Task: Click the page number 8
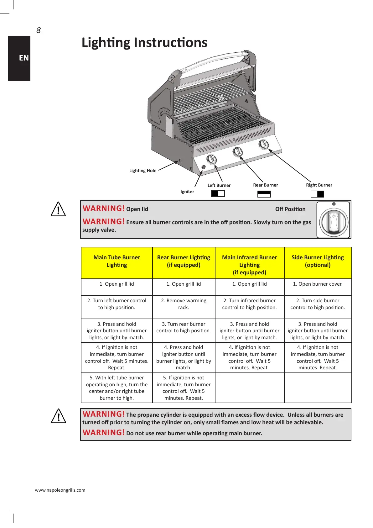(x=39, y=30)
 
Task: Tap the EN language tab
(x=24, y=58)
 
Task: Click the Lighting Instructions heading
(x=144, y=43)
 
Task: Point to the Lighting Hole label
(x=143, y=171)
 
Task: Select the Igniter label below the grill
(x=187, y=192)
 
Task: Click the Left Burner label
(x=219, y=185)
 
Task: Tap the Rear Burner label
(x=266, y=185)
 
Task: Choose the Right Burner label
(x=319, y=185)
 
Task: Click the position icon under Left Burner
(x=218, y=193)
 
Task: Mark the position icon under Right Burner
(x=317, y=194)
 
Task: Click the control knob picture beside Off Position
(x=333, y=220)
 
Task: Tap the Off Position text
(x=290, y=209)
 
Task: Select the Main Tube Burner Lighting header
(x=117, y=261)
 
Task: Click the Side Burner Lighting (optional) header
(x=318, y=261)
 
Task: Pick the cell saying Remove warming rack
(x=184, y=304)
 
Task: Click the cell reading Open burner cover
(x=318, y=284)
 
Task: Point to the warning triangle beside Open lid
(x=58, y=209)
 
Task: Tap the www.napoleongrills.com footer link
(x=60, y=490)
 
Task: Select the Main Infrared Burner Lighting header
(x=250, y=265)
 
